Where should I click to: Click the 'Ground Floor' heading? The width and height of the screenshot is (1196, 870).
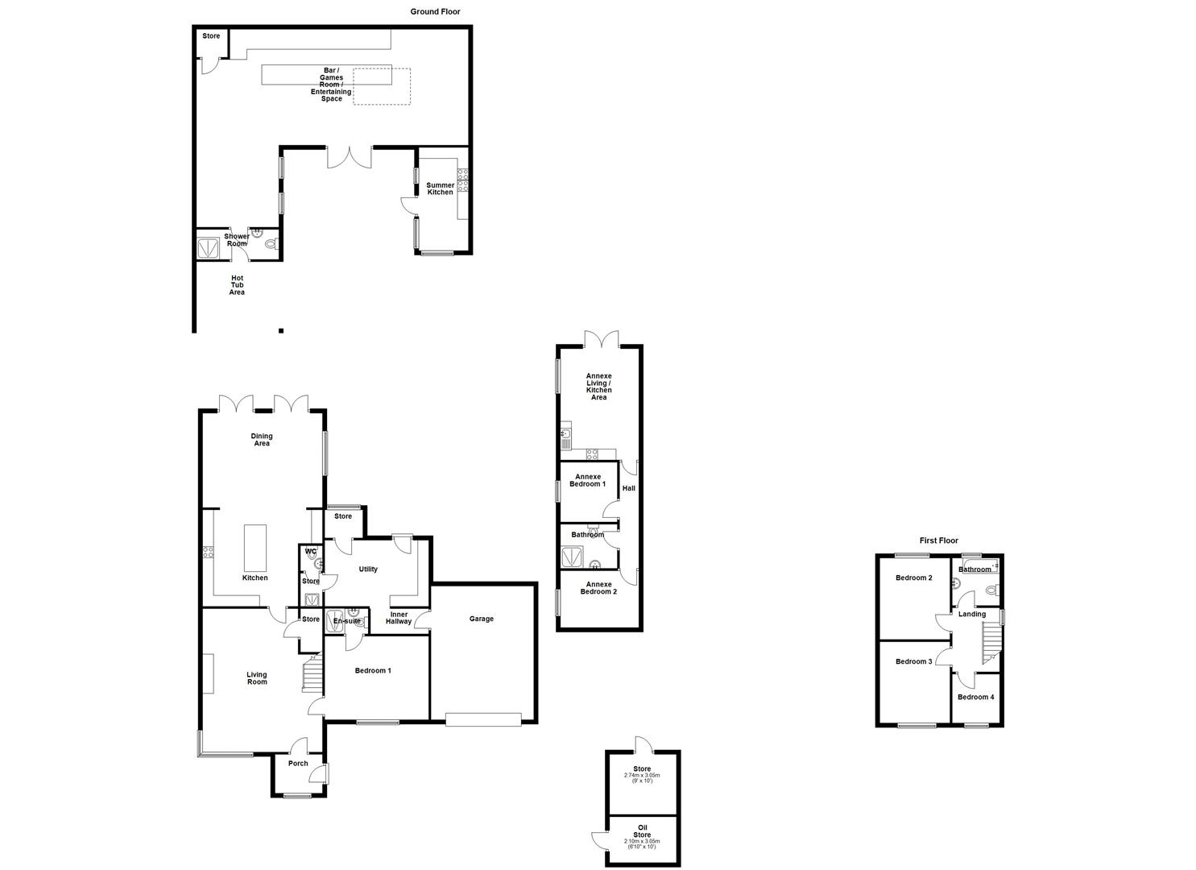click(x=435, y=11)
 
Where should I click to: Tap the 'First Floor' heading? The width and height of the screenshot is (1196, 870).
click(x=938, y=541)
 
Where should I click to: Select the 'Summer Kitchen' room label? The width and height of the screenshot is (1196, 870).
click(x=440, y=188)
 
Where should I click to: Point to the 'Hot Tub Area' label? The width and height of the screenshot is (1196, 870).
click(x=237, y=285)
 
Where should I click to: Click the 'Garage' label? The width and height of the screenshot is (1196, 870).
click(x=481, y=619)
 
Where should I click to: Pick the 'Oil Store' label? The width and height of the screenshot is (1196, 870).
click(x=642, y=831)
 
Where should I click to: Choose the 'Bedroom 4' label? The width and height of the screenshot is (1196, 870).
click(x=975, y=697)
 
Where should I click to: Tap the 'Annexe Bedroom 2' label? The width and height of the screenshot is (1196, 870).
click(x=598, y=587)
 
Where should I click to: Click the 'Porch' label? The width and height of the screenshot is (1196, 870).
click(x=298, y=764)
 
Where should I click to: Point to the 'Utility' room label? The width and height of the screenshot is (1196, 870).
click(x=368, y=570)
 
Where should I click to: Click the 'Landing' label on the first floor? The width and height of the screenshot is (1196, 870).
click(x=972, y=614)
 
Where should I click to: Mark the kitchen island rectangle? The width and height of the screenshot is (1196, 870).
click(x=255, y=547)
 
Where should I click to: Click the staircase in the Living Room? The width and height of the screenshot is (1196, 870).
click(x=312, y=676)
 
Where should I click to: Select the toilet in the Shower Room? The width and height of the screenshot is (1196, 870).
click(x=271, y=243)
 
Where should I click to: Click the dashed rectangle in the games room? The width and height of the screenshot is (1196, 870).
click(x=382, y=86)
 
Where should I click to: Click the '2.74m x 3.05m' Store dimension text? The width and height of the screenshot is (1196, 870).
click(x=642, y=775)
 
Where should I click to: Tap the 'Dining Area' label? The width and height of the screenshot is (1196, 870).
click(x=262, y=440)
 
